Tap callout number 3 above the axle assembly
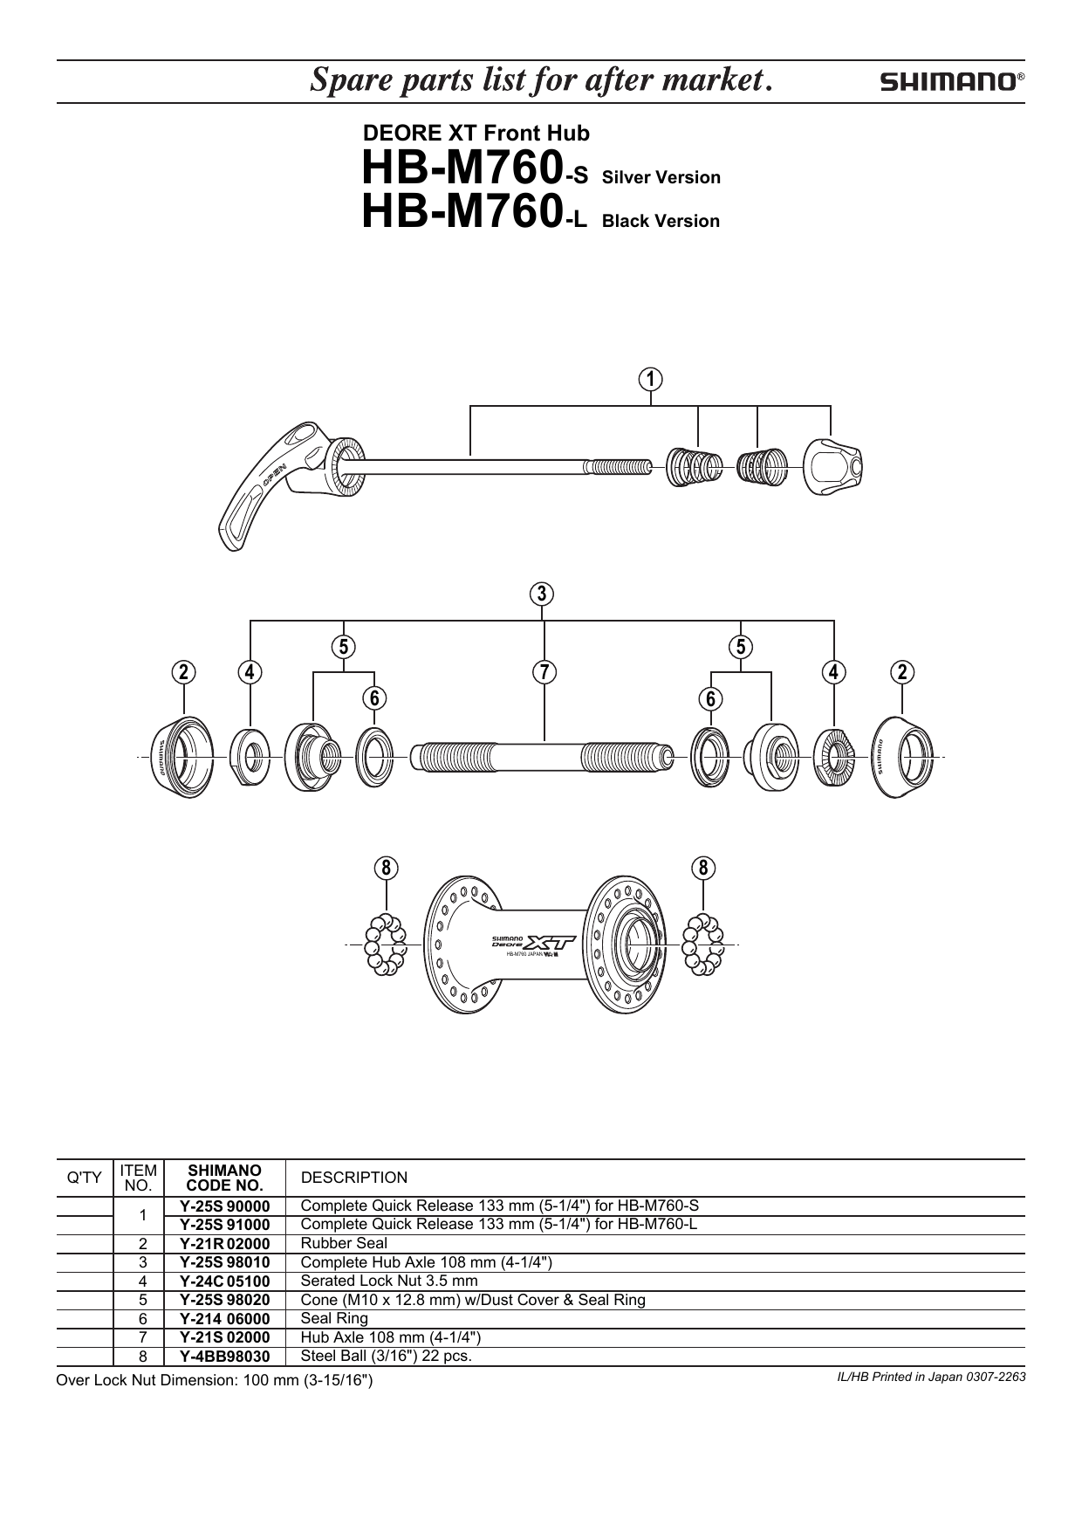pyautogui.click(x=542, y=594)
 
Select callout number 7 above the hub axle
pyautogui.click(x=544, y=672)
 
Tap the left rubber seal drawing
pyautogui.click(x=183, y=755)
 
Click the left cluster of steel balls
pyautogui.click(x=385, y=944)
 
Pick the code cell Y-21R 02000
pyautogui.click(x=225, y=1244)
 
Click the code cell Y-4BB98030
pyautogui.click(x=225, y=1357)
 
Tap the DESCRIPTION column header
pyautogui.click(x=353, y=1178)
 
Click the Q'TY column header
pyautogui.click(x=85, y=1178)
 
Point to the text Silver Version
pyautogui.click(x=661, y=177)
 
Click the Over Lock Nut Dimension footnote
pyautogui.click(x=214, y=1380)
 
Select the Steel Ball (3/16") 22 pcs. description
pyautogui.click(x=386, y=1356)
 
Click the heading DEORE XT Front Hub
pyautogui.click(x=476, y=134)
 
